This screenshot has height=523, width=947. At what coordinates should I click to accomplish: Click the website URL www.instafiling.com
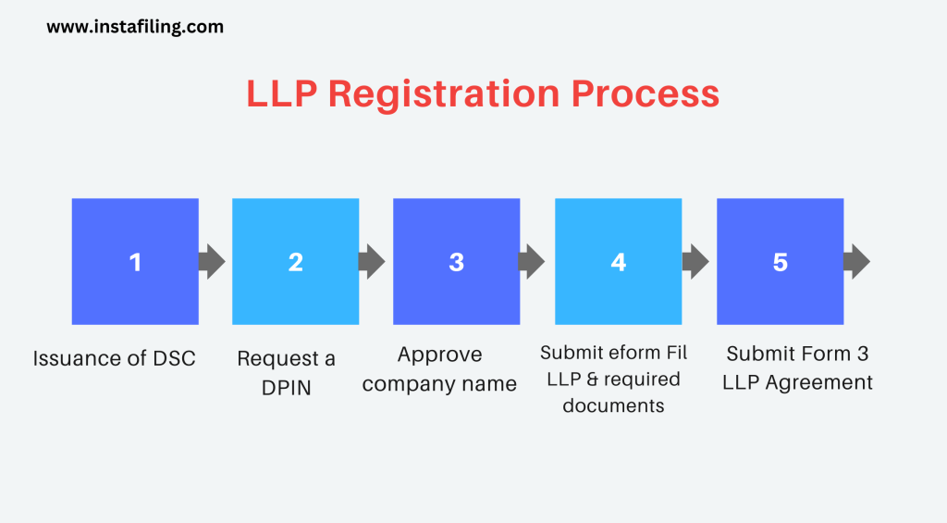[x=135, y=27]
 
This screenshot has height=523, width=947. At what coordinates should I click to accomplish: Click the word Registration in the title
[x=443, y=94]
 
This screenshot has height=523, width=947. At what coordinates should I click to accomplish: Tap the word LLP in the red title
[x=281, y=94]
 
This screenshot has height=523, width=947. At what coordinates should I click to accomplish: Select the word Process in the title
[x=645, y=94]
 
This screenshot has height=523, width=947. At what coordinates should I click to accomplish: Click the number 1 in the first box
[x=135, y=262]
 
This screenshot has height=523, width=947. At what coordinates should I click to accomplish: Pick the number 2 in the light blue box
[x=295, y=262]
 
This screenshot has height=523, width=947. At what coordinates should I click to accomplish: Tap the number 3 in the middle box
[x=456, y=262]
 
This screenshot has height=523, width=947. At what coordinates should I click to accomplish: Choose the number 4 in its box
[x=618, y=262]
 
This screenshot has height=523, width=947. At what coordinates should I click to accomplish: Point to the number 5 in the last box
[x=780, y=262]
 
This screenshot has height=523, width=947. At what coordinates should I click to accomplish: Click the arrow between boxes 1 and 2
[x=213, y=261]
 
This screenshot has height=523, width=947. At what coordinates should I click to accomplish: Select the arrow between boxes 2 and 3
[x=373, y=261]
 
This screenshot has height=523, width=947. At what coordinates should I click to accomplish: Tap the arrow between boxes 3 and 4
[x=533, y=261]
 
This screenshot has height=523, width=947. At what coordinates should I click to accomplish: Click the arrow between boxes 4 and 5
[x=695, y=261]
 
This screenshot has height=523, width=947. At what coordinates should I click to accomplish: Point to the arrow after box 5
[x=857, y=261]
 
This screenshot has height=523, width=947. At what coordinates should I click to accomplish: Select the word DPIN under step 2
[x=286, y=388]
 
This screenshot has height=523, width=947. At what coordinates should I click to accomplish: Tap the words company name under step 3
[x=439, y=384]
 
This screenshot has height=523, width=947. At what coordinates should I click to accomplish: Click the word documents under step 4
[x=613, y=405]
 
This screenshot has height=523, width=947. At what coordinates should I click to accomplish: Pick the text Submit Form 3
[x=797, y=354]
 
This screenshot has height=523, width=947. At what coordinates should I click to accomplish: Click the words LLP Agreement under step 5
[x=797, y=381]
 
